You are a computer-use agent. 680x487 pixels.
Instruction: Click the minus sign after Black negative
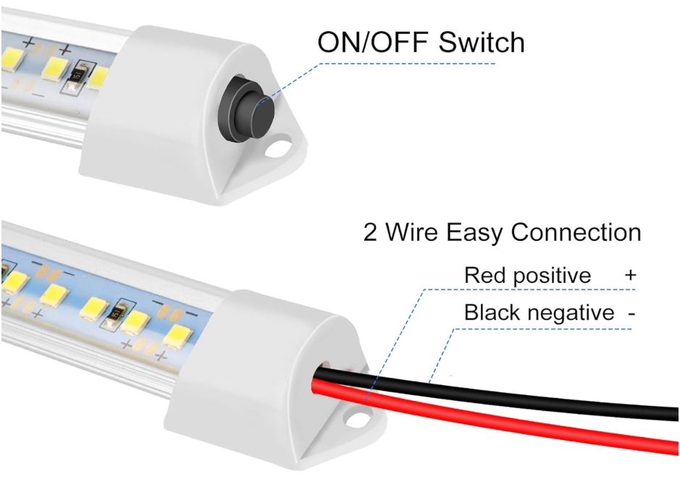pyautogui.click(x=632, y=313)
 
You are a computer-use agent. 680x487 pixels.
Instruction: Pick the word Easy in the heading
pyautogui.click(x=471, y=233)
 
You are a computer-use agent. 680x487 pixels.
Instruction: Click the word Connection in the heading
pyautogui.click(x=576, y=233)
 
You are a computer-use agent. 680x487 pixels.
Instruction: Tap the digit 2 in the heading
pyautogui.click(x=371, y=233)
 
